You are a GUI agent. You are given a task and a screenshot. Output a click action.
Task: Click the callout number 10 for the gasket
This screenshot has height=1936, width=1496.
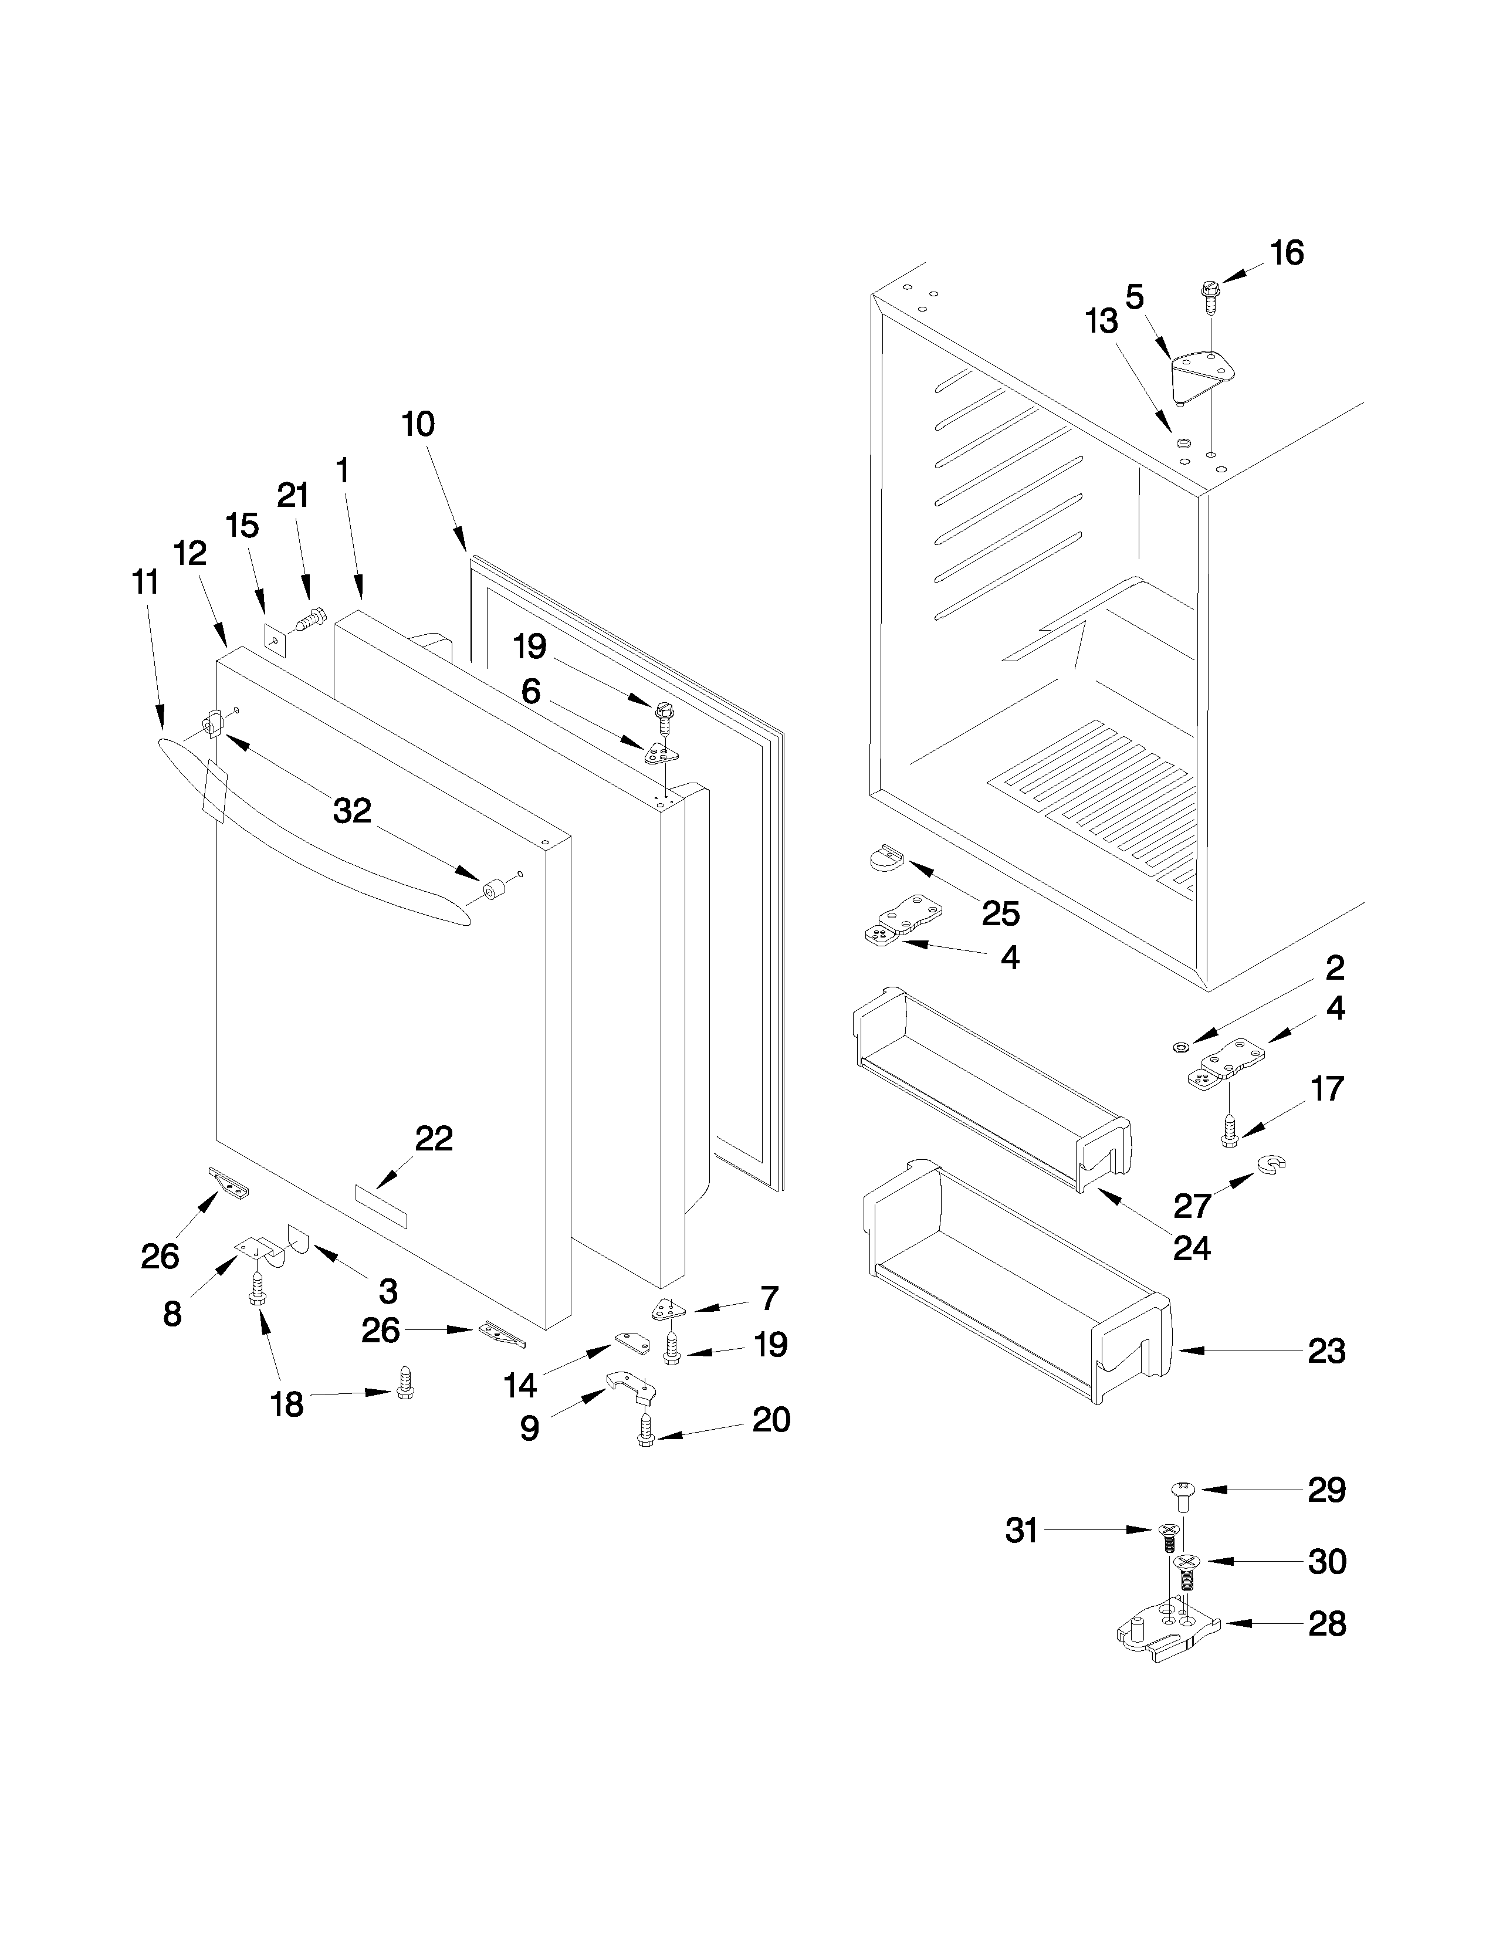coord(418,425)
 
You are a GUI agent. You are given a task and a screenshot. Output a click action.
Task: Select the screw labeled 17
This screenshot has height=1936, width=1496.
coord(1229,1131)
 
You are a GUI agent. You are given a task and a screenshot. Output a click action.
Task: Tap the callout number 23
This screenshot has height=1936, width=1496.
coord(1326,1352)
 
